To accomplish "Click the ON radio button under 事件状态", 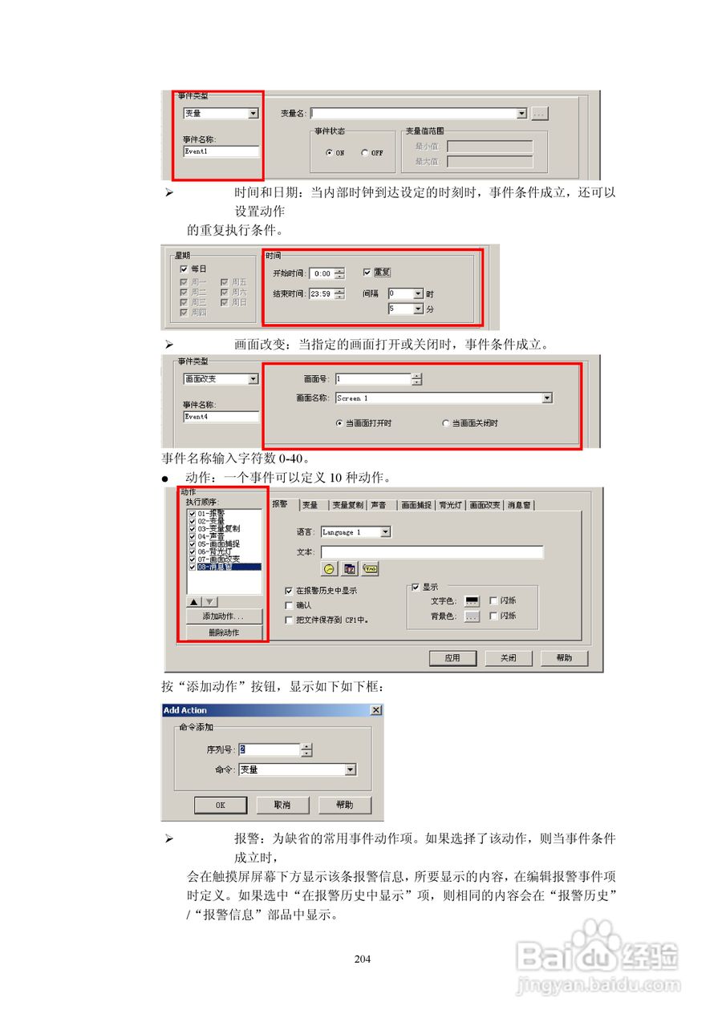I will click(x=329, y=153).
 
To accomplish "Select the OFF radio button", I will click(x=364, y=153).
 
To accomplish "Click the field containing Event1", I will click(x=221, y=151).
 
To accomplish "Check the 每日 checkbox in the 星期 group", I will click(x=185, y=269).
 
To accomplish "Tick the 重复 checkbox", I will click(x=367, y=273).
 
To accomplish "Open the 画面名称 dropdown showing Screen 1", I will click(x=547, y=398).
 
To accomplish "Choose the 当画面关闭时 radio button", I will click(x=446, y=423).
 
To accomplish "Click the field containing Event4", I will click(x=221, y=417).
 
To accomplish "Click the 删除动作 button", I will click(x=224, y=632).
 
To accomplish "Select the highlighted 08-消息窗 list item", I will click(x=224, y=567).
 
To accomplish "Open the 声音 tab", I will click(x=379, y=505).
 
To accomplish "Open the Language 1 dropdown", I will click(x=386, y=532).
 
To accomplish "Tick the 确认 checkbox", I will click(x=290, y=605).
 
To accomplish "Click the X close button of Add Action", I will click(x=375, y=710).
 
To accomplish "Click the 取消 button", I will click(x=282, y=805).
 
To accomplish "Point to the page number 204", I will click(x=363, y=959).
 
